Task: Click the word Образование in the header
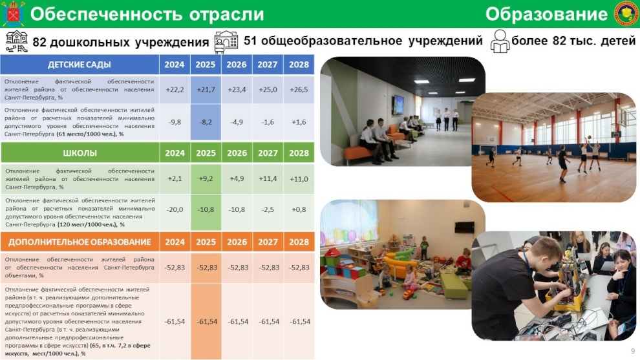[x=546, y=14]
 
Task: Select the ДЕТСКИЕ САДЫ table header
[x=80, y=65]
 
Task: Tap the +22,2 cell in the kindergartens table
[x=175, y=89]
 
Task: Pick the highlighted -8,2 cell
[x=206, y=122]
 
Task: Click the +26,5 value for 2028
[x=299, y=89]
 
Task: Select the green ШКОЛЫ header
[x=80, y=153]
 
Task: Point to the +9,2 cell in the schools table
[x=206, y=179]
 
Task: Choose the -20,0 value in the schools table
[x=175, y=209]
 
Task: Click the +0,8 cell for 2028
[x=299, y=209]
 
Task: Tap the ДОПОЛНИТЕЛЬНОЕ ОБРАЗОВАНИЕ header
[x=80, y=242]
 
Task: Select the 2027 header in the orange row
[x=268, y=242]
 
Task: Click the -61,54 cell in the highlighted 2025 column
[x=207, y=322]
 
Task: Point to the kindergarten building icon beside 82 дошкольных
[x=17, y=41]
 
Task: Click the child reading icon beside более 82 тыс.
[x=500, y=41]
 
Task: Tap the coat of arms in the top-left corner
[x=13, y=14]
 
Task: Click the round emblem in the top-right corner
[x=626, y=14]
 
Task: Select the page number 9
[x=633, y=351]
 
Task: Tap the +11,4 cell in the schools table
[x=268, y=179]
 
